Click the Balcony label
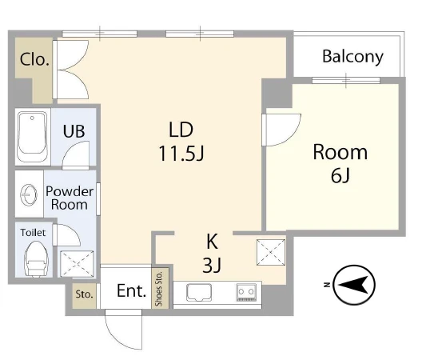coord(352,57)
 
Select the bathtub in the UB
coord(33,137)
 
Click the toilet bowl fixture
coord(36,259)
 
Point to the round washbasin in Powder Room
coord(29,194)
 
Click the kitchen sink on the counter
coord(199,292)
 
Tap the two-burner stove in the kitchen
coord(246,292)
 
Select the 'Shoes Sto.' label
coord(159,289)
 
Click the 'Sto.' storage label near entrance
coord(84,294)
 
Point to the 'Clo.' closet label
coord(34,59)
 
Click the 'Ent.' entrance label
coord(131,291)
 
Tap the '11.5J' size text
coord(181,154)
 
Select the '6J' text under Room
coord(340,176)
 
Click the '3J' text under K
coord(212,265)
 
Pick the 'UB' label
coord(74,131)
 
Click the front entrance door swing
coord(124,330)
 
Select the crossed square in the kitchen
coord(271,253)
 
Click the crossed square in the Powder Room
coord(77,264)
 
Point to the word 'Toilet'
coord(33,233)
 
